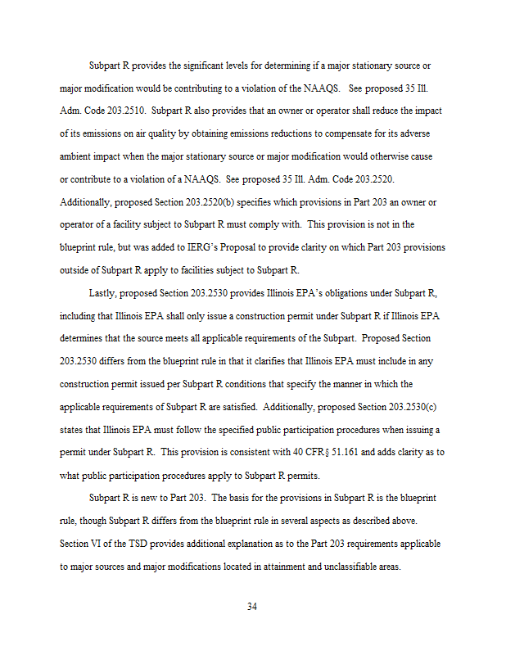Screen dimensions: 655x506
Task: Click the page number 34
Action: (x=253, y=607)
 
